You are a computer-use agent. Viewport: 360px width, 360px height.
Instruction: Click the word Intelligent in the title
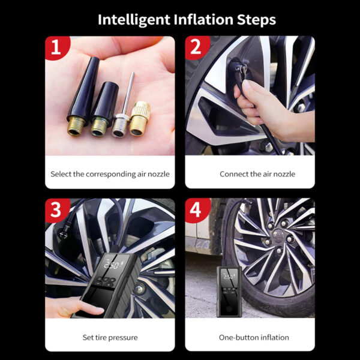(x=134, y=20)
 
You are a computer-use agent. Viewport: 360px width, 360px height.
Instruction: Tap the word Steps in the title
(x=256, y=20)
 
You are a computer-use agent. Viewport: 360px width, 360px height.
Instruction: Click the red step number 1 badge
(x=57, y=47)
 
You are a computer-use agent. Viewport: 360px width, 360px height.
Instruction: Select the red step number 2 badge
(x=197, y=47)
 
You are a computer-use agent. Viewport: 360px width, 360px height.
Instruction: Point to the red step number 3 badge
(x=57, y=210)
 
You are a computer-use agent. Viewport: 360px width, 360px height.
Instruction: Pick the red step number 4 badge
(x=197, y=210)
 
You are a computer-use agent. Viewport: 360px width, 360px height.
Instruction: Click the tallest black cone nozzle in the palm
(x=83, y=97)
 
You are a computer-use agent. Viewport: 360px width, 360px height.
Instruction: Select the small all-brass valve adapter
(x=140, y=119)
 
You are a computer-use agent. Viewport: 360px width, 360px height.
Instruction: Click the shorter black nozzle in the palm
(x=104, y=109)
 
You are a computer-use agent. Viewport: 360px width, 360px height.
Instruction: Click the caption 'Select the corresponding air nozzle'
(x=110, y=174)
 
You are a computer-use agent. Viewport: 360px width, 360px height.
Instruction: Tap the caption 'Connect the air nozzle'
(x=257, y=174)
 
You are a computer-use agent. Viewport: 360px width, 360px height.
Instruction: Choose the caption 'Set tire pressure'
(x=110, y=337)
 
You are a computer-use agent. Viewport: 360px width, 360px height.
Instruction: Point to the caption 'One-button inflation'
(x=254, y=337)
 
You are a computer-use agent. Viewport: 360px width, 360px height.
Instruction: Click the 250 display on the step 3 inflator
(x=112, y=265)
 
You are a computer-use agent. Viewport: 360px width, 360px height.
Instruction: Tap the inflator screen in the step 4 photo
(x=229, y=277)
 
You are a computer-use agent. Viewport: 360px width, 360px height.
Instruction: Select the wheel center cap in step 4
(x=278, y=236)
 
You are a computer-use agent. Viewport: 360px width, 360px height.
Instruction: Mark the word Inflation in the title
(x=203, y=20)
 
